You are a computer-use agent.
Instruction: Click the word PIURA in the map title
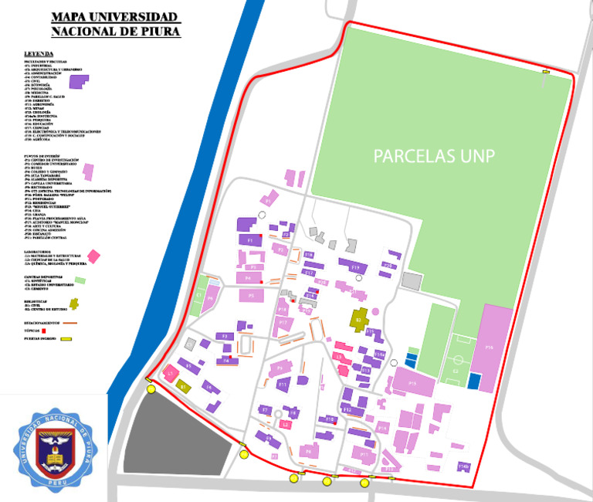tap(161, 32)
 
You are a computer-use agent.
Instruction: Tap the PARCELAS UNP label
tap(434, 156)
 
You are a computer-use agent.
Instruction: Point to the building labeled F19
tap(354, 267)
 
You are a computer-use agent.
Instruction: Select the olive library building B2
tap(359, 318)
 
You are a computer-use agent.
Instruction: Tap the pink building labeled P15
tap(412, 382)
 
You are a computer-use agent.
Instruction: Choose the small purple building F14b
tap(464, 466)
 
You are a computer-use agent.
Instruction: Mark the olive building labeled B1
tap(184, 385)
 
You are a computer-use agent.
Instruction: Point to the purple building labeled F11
tap(283, 383)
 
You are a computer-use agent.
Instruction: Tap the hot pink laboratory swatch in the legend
tap(93, 256)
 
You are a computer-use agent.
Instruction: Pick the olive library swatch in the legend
tap(74, 304)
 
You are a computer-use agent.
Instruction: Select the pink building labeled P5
tap(250, 295)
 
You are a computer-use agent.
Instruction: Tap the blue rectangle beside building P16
tap(474, 381)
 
